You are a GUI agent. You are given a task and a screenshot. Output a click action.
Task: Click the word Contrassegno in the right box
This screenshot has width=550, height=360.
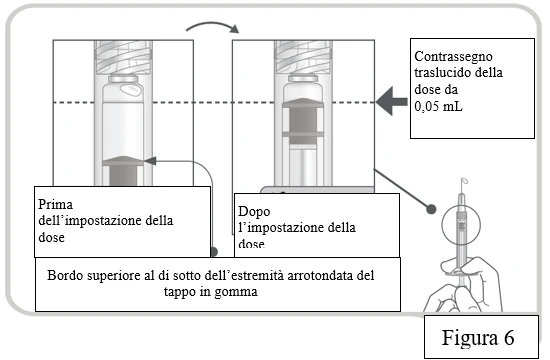tap(453, 57)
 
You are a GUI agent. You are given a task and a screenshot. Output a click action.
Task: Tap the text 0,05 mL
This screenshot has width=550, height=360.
tap(438, 106)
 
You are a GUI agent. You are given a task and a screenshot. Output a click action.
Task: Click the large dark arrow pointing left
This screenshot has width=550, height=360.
tap(392, 101)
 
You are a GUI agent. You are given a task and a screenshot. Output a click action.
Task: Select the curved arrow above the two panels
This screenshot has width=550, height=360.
tap(213, 27)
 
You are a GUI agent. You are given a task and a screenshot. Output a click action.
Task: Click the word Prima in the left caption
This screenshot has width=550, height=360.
tap(55, 204)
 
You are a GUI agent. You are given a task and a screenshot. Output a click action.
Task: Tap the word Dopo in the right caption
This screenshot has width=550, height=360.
tap(254, 211)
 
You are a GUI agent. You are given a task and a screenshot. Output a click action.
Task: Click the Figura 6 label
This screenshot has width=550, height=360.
tap(478, 338)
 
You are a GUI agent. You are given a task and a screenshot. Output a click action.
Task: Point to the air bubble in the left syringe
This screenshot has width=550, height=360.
tap(132, 89)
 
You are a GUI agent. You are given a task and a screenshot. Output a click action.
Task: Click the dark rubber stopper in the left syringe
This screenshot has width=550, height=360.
tap(123, 171)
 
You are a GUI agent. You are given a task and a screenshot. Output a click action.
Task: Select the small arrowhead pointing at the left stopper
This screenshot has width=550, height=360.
tap(150, 161)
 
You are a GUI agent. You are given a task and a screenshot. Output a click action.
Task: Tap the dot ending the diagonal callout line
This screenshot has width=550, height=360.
tap(431, 209)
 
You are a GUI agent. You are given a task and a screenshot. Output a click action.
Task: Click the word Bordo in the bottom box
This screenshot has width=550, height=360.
tap(66, 275)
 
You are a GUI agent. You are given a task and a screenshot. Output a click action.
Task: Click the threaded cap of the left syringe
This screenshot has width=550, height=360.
tap(123, 57)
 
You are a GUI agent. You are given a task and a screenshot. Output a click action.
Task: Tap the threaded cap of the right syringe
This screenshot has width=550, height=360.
tap(303, 57)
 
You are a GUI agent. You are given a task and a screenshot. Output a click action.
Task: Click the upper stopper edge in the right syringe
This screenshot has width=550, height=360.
tap(303, 102)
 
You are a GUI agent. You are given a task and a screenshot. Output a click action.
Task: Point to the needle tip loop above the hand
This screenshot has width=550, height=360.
tap(464, 181)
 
